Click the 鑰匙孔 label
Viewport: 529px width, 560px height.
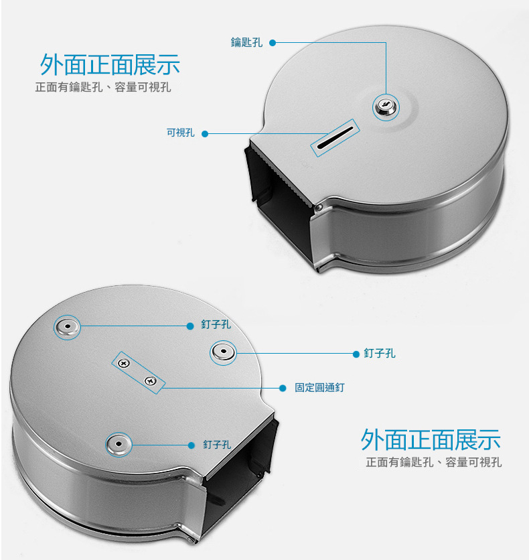click(x=246, y=42)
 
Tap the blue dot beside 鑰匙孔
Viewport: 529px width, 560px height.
click(x=273, y=43)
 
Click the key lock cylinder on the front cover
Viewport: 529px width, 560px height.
click(x=386, y=107)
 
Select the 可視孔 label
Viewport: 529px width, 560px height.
click(x=181, y=133)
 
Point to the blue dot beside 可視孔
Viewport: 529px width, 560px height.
click(x=205, y=134)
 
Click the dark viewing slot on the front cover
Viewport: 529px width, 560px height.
click(x=335, y=137)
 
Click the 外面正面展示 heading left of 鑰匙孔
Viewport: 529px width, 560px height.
click(x=110, y=65)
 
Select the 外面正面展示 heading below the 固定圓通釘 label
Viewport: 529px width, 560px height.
click(x=431, y=439)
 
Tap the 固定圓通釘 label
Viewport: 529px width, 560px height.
click(x=319, y=387)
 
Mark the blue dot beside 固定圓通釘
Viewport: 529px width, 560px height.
click(x=283, y=389)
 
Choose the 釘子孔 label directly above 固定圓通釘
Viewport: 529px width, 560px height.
click(x=380, y=354)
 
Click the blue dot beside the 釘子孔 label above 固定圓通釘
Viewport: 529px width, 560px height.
click(x=356, y=354)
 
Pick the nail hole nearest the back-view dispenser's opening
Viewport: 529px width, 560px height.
click(x=119, y=444)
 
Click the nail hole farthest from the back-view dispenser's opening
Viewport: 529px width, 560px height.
click(x=67, y=327)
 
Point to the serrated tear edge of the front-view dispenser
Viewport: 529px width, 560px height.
click(x=282, y=175)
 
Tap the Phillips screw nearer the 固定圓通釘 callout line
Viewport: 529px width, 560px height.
click(x=150, y=380)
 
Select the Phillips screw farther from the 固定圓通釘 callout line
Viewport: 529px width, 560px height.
click(x=124, y=364)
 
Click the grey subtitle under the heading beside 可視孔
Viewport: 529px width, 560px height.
click(x=103, y=87)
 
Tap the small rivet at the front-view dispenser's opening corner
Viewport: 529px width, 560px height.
click(x=318, y=207)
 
